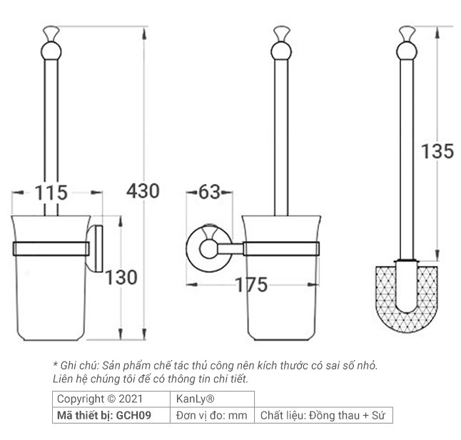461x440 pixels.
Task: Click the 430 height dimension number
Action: tap(143, 190)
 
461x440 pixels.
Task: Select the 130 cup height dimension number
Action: tap(121, 277)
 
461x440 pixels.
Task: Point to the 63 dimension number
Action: tap(209, 193)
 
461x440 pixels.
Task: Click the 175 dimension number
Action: tap(252, 285)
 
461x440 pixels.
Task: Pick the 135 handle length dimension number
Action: tap(437, 151)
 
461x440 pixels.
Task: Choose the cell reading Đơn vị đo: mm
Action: tap(211, 415)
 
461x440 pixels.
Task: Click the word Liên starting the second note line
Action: tap(64, 378)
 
